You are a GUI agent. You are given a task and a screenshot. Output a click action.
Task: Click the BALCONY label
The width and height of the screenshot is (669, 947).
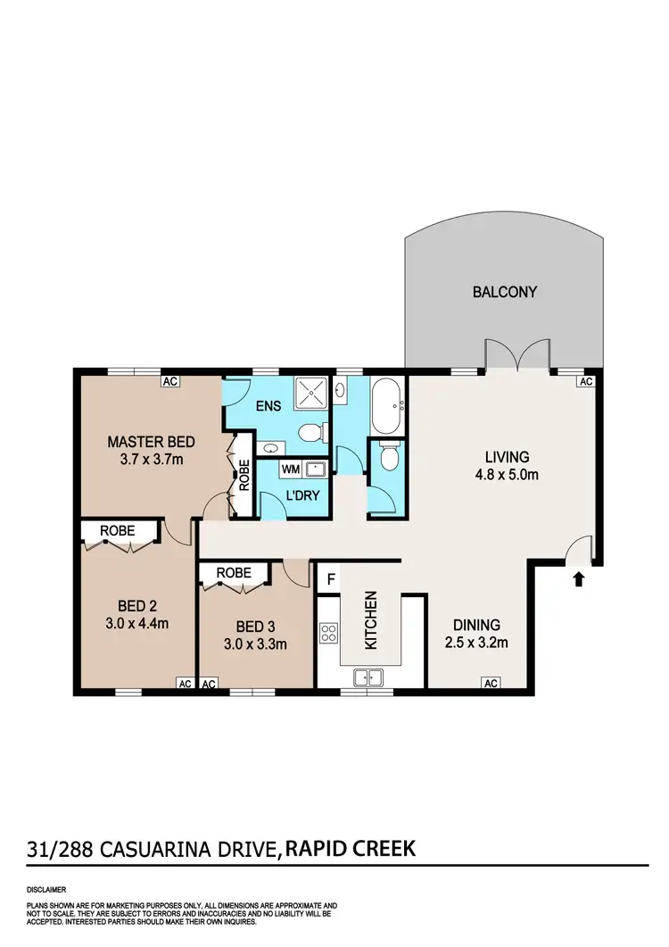[504, 292]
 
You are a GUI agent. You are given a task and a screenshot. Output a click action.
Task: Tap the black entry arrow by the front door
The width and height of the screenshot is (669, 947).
[578, 579]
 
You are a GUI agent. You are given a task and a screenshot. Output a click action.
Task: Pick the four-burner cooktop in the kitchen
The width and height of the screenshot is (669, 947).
[328, 634]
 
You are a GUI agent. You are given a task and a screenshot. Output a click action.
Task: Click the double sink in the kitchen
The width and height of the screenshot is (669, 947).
[368, 677]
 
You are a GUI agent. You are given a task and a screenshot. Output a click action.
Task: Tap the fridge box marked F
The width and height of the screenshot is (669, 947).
[331, 578]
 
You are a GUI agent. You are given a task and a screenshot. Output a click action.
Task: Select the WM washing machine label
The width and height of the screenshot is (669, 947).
[291, 468]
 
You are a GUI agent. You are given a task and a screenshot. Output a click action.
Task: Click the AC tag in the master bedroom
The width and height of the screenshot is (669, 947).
[170, 381]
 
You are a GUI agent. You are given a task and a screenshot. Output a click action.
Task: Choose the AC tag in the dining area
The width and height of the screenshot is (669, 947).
[490, 684]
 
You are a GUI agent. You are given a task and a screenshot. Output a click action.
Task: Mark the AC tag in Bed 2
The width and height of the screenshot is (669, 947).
[185, 684]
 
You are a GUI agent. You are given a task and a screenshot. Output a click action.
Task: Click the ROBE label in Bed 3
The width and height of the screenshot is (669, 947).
[233, 573]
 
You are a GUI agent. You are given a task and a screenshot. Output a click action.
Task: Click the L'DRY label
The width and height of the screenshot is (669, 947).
[292, 495]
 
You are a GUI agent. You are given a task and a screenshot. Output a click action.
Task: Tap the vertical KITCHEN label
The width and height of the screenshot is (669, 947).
[372, 621]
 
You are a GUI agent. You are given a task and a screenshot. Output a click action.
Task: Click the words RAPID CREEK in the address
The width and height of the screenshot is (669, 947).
[351, 848]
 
